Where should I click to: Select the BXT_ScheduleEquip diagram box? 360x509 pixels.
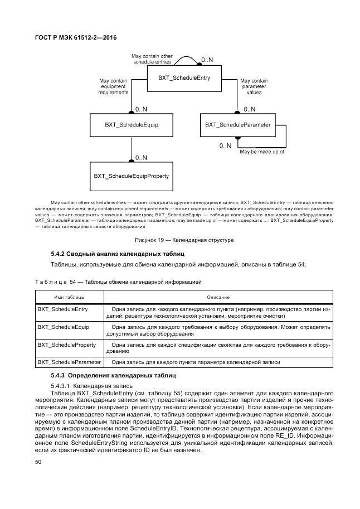click(131, 125)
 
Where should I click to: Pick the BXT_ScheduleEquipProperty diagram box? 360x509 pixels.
click(131, 176)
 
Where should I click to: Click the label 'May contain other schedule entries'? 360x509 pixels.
click(152, 59)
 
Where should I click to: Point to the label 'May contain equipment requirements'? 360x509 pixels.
click(113, 87)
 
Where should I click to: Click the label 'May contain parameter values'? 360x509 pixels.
click(254, 87)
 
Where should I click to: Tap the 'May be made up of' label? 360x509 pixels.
click(261, 152)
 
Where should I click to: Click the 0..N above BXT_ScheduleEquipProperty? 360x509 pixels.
click(141, 158)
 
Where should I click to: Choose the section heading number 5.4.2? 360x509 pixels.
click(59, 254)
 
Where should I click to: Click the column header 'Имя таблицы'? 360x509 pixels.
click(69, 297)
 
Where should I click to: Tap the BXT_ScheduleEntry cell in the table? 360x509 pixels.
click(62, 309)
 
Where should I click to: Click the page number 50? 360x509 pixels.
click(38, 462)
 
